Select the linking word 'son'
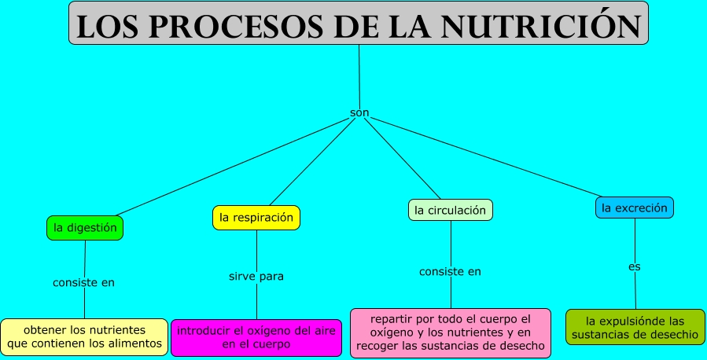(x=359, y=113)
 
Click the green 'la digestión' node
(x=85, y=228)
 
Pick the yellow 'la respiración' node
(x=256, y=217)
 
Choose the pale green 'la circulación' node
(x=451, y=210)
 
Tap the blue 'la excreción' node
(x=634, y=208)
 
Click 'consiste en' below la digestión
(x=83, y=282)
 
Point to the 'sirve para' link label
(x=256, y=276)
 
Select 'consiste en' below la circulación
(x=450, y=271)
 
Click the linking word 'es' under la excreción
(x=634, y=266)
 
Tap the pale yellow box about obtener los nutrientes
(x=84, y=336)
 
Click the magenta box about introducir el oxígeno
(x=256, y=336)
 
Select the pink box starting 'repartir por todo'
(x=451, y=332)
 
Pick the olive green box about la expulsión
(x=635, y=327)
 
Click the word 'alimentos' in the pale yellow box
(x=135, y=343)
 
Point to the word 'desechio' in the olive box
(x=672, y=334)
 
